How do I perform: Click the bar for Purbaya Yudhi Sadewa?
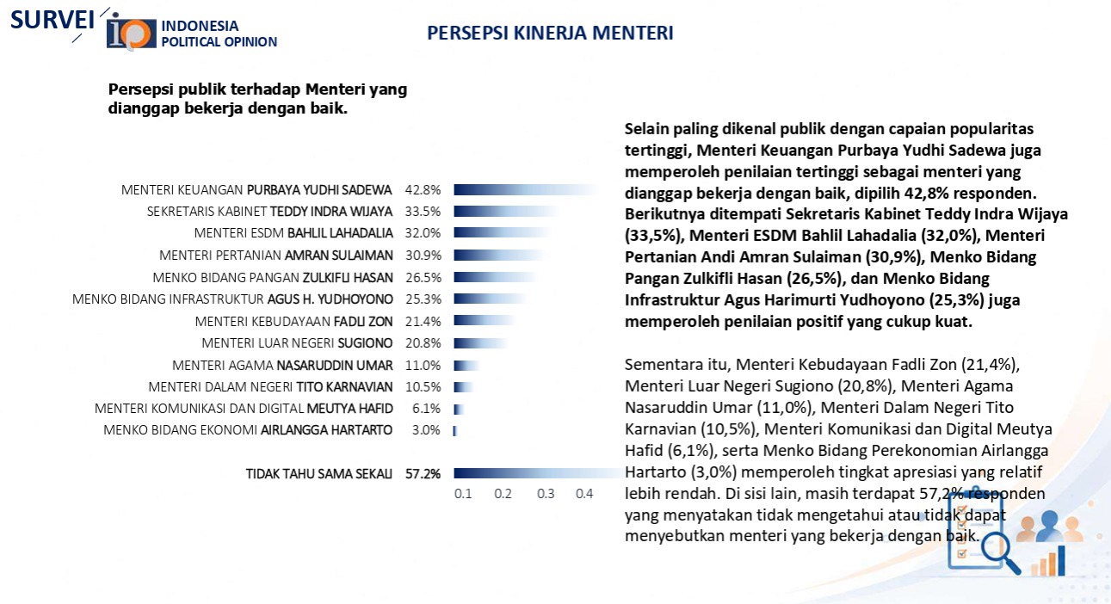(526, 190)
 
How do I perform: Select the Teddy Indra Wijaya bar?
(507, 212)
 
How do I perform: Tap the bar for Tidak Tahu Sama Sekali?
(538, 473)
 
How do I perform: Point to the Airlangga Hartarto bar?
(455, 431)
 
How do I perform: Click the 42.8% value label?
(423, 190)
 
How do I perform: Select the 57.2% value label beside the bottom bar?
(423, 474)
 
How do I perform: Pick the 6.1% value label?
(426, 409)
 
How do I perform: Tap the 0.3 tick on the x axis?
(546, 494)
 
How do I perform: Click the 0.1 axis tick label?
(463, 494)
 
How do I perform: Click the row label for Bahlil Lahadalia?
(293, 233)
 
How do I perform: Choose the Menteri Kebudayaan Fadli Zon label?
(293, 322)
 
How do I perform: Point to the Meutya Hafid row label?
(244, 409)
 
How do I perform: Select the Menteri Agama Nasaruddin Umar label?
(282, 366)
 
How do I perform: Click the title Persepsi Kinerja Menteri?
(550, 33)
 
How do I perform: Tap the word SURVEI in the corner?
(52, 21)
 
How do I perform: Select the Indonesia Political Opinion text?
(219, 34)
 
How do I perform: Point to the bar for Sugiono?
(481, 343)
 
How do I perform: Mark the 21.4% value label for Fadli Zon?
(423, 322)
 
